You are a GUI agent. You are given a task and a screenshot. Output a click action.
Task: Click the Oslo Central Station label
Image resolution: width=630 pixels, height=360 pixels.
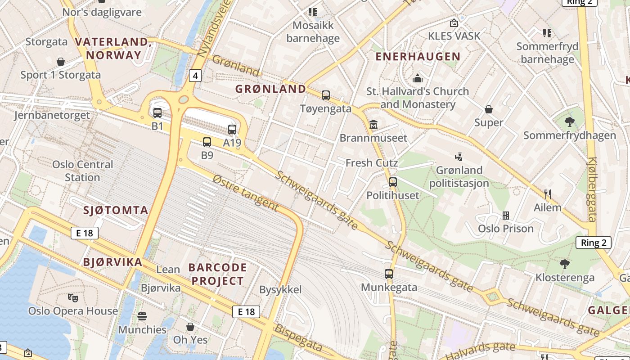pyautogui.click(x=82, y=171)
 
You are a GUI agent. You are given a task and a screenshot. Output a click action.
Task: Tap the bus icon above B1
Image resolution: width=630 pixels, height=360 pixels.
pyautogui.click(x=157, y=113)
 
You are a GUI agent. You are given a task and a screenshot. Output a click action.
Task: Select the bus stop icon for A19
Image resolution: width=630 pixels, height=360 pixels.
pyautogui.click(x=232, y=130)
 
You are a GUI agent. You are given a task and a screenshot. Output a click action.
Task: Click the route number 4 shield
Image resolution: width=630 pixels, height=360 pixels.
pyautogui.click(x=195, y=76)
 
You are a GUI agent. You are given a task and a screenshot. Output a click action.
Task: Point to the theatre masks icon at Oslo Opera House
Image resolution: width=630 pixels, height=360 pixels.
pyautogui.click(x=72, y=297)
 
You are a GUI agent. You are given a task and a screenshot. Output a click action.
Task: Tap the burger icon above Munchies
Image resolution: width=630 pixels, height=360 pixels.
pyautogui.click(x=142, y=316)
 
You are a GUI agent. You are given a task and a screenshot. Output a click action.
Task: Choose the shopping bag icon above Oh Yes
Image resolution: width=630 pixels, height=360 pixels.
pyautogui.click(x=190, y=326)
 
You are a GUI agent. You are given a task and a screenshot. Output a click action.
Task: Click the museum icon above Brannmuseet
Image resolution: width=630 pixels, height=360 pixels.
pyautogui.click(x=373, y=124)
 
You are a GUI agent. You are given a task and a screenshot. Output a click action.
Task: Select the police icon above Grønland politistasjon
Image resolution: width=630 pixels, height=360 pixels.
pyautogui.click(x=459, y=157)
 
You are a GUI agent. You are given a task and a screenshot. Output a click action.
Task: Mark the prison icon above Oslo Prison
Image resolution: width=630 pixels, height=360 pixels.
pyautogui.click(x=506, y=215)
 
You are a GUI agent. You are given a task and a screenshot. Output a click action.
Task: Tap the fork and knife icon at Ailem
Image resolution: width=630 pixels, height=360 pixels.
pyautogui.click(x=547, y=194)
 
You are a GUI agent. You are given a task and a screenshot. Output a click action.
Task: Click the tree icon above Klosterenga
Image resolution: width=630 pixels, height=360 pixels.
pyautogui.click(x=565, y=264)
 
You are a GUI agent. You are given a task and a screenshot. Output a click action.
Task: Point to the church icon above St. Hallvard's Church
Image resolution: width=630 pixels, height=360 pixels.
pyautogui.click(x=418, y=78)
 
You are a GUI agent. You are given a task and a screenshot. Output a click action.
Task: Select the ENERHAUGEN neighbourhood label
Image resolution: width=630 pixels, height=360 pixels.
pyautogui.click(x=418, y=57)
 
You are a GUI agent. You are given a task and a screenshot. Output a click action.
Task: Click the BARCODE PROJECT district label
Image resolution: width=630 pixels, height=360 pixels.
pyautogui.click(x=218, y=274)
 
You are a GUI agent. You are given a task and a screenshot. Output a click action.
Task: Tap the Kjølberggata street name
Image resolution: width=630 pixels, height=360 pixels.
pyautogui.click(x=592, y=189)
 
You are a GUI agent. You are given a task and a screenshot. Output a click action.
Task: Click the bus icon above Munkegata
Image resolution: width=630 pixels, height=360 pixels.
pyautogui.click(x=389, y=274)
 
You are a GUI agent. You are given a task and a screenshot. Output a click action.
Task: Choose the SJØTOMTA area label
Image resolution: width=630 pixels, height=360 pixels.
pyautogui.click(x=116, y=210)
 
